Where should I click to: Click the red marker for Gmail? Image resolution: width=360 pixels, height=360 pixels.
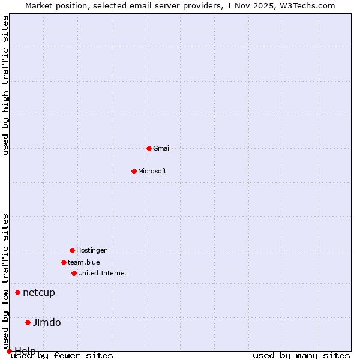(x=149, y=148)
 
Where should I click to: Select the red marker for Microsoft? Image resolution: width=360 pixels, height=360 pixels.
(x=134, y=171)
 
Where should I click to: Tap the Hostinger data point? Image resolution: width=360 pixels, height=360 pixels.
(x=72, y=250)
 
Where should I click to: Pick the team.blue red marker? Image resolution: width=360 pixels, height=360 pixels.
(x=64, y=262)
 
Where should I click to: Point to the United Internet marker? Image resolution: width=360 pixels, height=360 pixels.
(x=74, y=273)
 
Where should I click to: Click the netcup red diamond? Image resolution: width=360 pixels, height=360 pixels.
(x=18, y=293)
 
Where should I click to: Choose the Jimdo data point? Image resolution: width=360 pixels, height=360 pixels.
(x=28, y=322)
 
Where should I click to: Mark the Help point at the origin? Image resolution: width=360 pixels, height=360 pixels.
(x=9, y=351)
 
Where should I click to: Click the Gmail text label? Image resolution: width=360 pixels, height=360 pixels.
(x=162, y=148)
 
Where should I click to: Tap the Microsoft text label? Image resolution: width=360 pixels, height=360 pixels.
(x=152, y=171)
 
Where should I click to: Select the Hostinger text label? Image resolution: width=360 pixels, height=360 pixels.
(x=91, y=250)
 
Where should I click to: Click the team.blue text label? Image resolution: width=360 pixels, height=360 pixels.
(x=84, y=262)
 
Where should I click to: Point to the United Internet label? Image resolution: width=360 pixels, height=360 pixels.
(x=103, y=273)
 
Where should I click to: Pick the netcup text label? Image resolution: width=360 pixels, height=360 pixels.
(x=39, y=293)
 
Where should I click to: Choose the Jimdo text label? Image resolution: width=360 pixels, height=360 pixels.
(x=47, y=322)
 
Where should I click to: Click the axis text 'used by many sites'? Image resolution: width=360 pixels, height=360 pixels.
(x=301, y=356)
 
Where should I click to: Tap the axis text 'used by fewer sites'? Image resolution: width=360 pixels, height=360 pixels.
(x=62, y=356)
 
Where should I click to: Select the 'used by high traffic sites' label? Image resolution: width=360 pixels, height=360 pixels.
(x=5, y=85)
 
